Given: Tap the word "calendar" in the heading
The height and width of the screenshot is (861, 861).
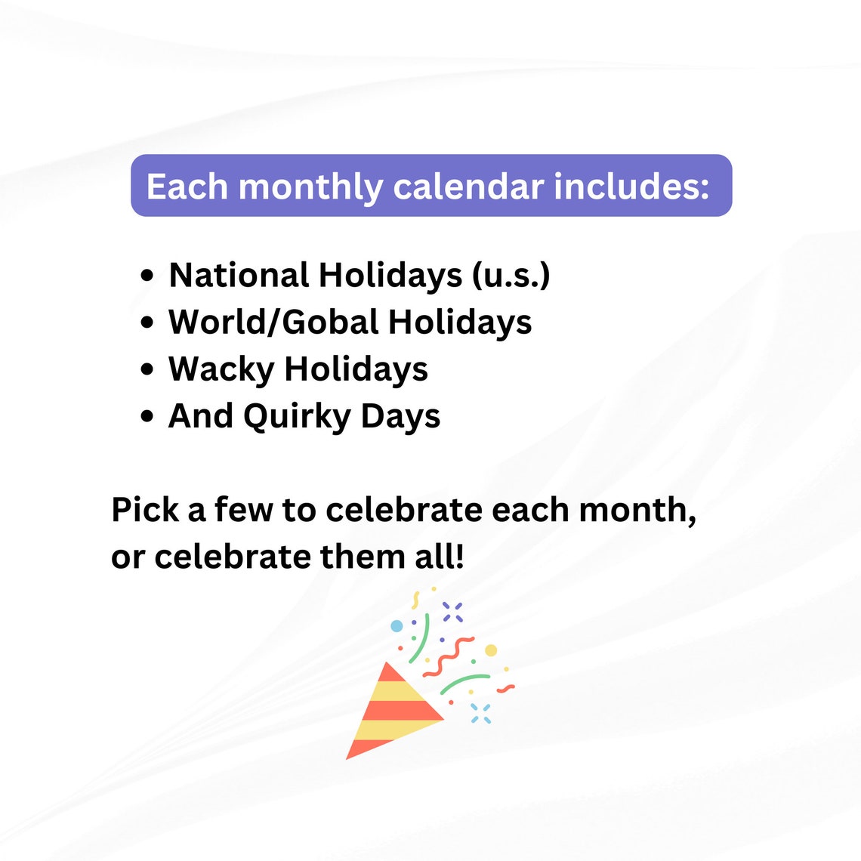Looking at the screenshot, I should pyautogui.click(x=468, y=187).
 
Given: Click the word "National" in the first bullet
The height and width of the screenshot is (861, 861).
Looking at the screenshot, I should pyautogui.click(x=239, y=275).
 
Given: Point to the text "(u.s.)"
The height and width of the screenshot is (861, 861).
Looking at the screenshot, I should pyautogui.click(x=511, y=276).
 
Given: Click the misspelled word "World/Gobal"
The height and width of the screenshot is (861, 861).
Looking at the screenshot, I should pyautogui.click(x=273, y=322).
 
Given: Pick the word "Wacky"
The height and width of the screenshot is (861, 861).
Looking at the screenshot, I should pyautogui.click(x=221, y=370).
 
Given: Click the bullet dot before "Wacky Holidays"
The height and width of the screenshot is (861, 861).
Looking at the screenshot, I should pyautogui.click(x=147, y=369).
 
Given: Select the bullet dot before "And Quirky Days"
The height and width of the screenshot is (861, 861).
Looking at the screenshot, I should pyautogui.click(x=147, y=416).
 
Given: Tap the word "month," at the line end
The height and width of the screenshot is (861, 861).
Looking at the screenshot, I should pyautogui.click(x=637, y=510).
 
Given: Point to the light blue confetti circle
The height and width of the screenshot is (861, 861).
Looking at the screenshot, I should pyautogui.click(x=397, y=626).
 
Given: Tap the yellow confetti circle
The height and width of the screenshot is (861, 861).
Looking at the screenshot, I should pyautogui.click(x=491, y=650).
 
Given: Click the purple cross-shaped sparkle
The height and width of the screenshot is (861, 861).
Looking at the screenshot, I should pyautogui.click(x=452, y=612).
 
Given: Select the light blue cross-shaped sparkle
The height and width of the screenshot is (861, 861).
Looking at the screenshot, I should pyautogui.click(x=480, y=713).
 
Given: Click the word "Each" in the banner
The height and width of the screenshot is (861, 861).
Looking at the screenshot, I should pyautogui.click(x=187, y=187).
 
